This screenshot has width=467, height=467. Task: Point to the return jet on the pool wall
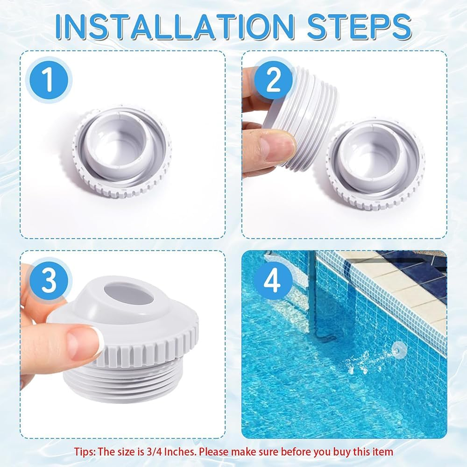398,347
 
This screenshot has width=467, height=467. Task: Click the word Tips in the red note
84,452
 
